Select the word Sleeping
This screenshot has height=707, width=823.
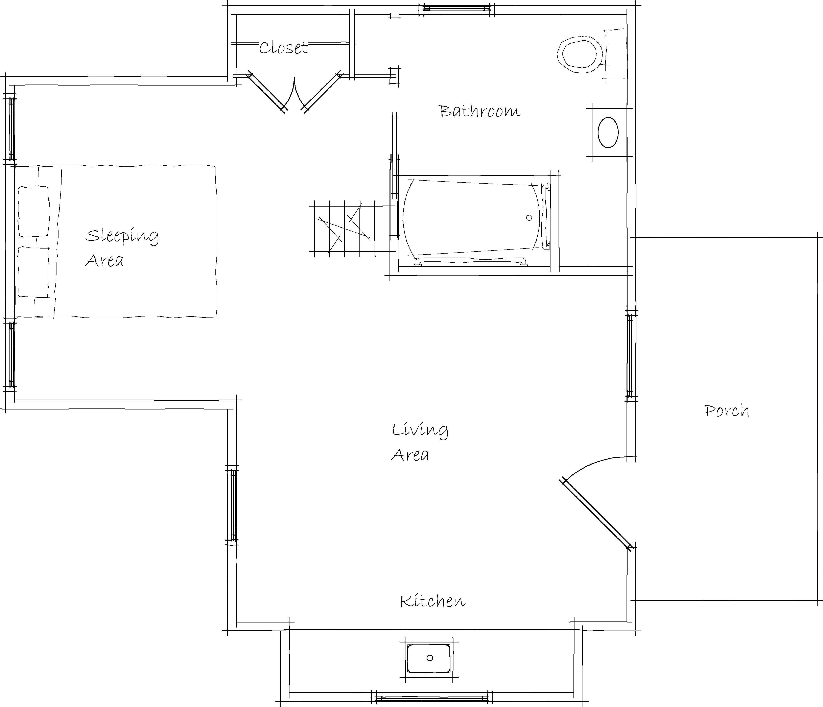(x=122, y=236)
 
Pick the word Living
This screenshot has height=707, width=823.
(x=420, y=430)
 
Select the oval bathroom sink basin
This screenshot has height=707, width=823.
(x=608, y=132)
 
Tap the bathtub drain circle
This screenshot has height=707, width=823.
(x=529, y=218)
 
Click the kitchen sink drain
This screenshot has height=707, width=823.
(x=429, y=658)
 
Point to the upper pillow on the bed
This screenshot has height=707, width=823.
(x=34, y=211)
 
